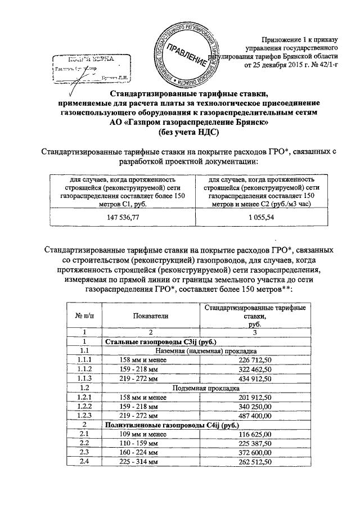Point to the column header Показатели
[x=151, y=317]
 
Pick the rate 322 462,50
[x=255, y=369]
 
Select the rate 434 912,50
[x=255, y=378]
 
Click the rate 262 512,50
[x=255, y=462]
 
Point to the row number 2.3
[x=84, y=453]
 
